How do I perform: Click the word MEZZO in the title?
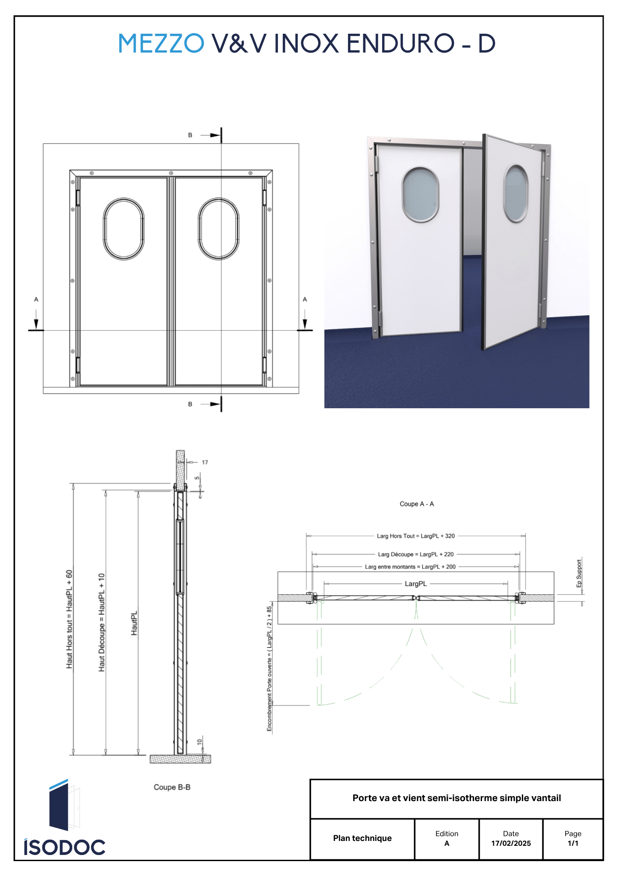click(x=161, y=43)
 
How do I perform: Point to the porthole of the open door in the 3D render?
click(x=516, y=193)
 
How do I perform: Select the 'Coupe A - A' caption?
click(x=417, y=504)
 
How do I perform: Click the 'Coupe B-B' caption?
click(x=172, y=787)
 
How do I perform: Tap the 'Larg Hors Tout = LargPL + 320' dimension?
click(x=416, y=536)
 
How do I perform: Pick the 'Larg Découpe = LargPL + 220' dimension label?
click(x=416, y=555)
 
